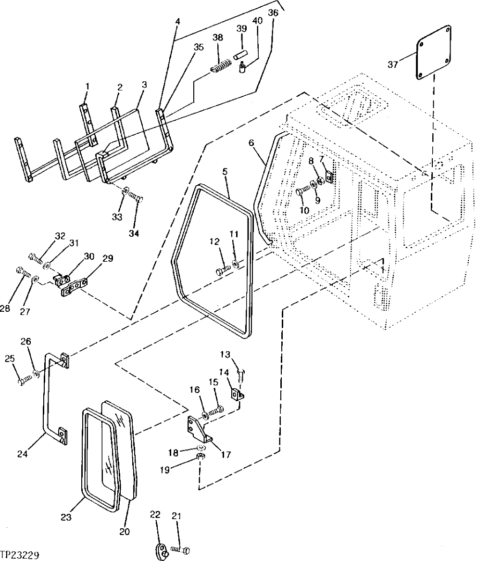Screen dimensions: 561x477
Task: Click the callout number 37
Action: click(x=393, y=64)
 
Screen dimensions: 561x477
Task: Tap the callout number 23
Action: click(x=66, y=517)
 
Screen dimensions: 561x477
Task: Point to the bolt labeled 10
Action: click(x=301, y=191)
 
